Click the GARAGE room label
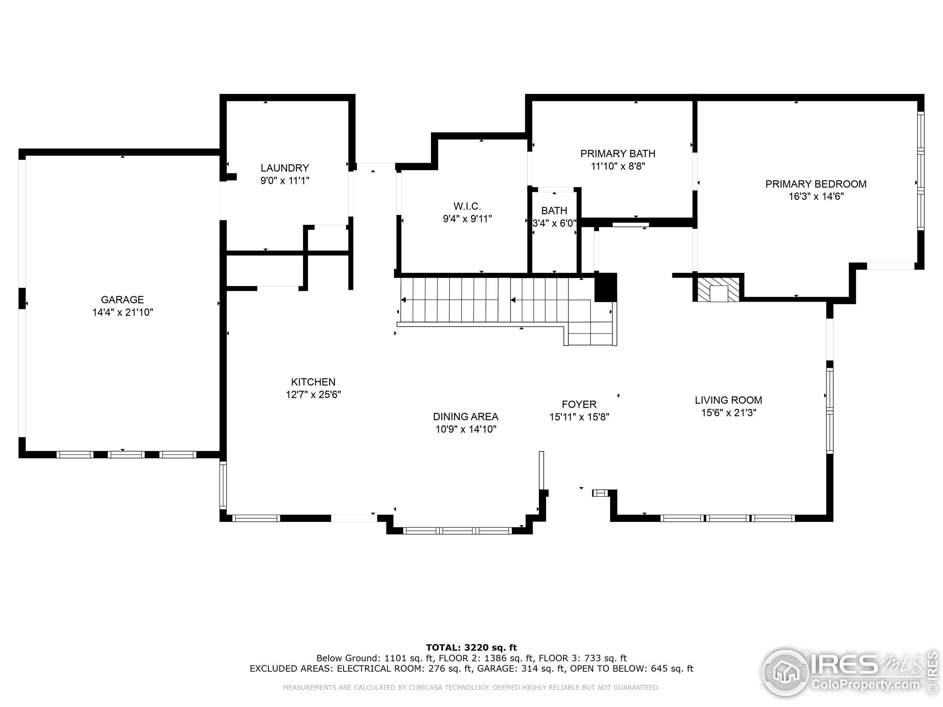coord(122,300)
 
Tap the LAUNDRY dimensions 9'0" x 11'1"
coord(285,181)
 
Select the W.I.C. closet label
coord(467,206)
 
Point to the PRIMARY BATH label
coord(618,154)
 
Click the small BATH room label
coord(554,211)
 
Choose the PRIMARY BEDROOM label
coord(816,184)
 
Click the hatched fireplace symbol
coord(719,289)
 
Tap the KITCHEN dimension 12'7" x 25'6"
coord(313,395)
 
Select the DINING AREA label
coord(466,416)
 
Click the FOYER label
coord(579,404)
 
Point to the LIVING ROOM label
coord(729,400)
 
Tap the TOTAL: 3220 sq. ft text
coord(471,648)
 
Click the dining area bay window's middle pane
coord(457,531)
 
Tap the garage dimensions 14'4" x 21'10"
coord(122,312)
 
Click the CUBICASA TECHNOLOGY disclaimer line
coord(471,687)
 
